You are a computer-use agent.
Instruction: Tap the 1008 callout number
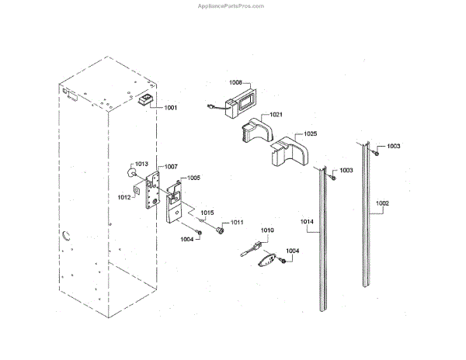pos(236,81)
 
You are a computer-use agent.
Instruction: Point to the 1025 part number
pos(310,134)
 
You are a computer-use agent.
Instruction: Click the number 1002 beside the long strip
pos(382,204)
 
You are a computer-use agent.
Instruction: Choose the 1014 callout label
pos(308,222)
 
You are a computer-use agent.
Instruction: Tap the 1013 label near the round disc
pos(141,164)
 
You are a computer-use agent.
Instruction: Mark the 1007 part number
pos(171,167)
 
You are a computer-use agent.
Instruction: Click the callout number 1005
pos(193,178)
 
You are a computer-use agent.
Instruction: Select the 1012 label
pos(124,197)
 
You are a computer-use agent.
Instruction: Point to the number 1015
pos(207,212)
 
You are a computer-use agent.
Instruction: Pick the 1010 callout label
pos(267,230)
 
